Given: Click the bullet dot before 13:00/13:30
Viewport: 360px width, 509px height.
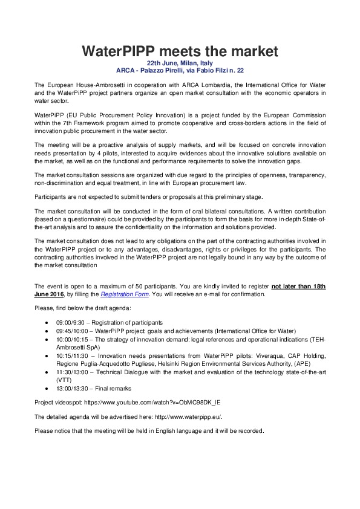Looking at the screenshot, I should pyautogui.click(x=47, y=389).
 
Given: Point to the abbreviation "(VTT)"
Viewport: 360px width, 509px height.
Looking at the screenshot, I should pyautogui.click(x=64, y=381).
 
